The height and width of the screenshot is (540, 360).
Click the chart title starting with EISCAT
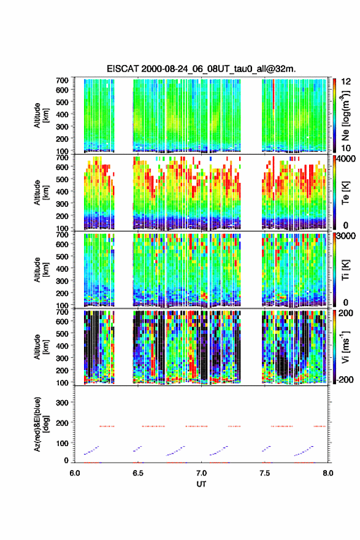(x=201, y=69)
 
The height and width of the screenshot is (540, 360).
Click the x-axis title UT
(x=201, y=484)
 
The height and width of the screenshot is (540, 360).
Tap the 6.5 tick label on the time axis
(x=137, y=473)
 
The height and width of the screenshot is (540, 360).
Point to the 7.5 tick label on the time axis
(x=264, y=473)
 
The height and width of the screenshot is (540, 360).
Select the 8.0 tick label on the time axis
(x=327, y=473)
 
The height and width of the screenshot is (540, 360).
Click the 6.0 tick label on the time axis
(x=74, y=473)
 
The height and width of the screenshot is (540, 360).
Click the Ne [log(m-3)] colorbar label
(x=345, y=115)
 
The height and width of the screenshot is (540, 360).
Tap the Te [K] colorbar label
(x=345, y=193)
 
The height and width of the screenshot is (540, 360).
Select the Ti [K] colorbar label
(x=345, y=269)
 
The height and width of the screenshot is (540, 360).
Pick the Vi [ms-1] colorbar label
(x=345, y=347)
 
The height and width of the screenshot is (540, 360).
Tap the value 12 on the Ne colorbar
(x=346, y=82)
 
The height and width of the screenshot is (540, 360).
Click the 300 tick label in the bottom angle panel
(x=63, y=403)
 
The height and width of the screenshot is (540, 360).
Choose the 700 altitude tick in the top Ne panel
(x=63, y=80)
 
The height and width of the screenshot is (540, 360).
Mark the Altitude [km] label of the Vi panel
(x=41, y=347)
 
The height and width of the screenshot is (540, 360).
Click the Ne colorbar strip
(x=334, y=115)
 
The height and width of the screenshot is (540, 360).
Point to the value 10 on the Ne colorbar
(x=345, y=148)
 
